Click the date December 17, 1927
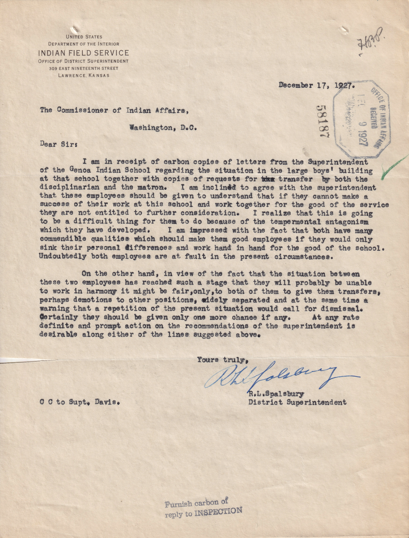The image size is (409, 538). (316, 85)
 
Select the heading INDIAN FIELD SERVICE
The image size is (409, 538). (83, 53)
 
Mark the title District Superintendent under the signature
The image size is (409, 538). (297, 402)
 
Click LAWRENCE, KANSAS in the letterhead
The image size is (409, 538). (84, 75)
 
